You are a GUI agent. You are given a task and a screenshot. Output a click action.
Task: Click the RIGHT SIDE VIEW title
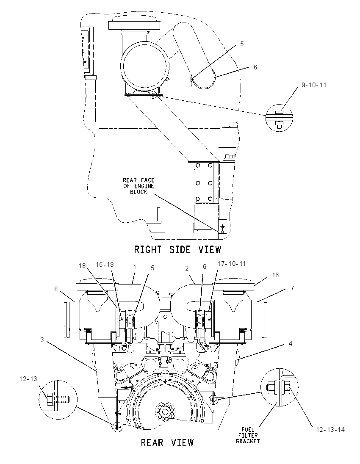(x=177, y=249)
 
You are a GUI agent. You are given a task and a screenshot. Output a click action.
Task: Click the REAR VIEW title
(x=167, y=443)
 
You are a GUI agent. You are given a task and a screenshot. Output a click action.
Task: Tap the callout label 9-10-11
(x=314, y=85)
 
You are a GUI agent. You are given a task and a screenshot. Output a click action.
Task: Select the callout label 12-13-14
(x=330, y=429)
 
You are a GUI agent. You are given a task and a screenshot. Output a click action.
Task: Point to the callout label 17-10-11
(x=232, y=263)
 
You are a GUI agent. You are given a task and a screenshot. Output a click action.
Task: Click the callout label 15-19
(x=105, y=264)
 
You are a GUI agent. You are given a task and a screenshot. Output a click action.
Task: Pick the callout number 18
(x=82, y=266)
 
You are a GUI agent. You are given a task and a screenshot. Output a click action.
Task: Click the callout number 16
(x=275, y=275)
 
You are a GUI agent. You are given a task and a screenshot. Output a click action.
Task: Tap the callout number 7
(x=292, y=288)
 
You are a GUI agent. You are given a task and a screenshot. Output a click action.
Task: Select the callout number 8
(x=56, y=289)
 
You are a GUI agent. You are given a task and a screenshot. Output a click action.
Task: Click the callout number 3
(x=42, y=340)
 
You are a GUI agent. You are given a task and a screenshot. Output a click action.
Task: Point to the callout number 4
(x=291, y=344)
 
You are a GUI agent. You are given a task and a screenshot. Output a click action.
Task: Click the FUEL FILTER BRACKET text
(x=248, y=435)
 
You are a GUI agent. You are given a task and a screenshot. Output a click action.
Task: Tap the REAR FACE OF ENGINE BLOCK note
(x=139, y=186)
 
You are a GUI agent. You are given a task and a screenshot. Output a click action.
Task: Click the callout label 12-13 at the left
(x=28, y=379)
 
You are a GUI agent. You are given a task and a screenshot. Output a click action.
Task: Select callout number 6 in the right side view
(x=255, y=67)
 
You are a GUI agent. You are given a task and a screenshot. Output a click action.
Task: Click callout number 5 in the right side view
(x=242, y=44)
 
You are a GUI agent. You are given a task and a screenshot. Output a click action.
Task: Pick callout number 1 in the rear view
(x=135, y=267)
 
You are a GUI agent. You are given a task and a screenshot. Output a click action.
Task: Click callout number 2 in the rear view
(x=187, y=268)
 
